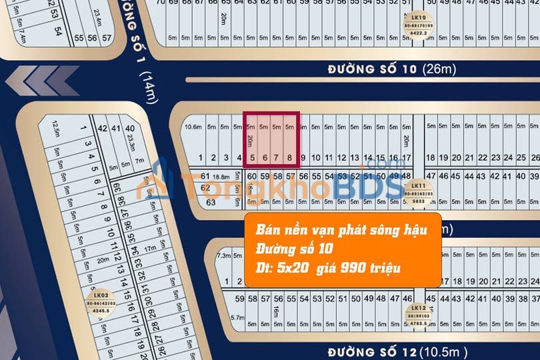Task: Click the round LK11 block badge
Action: (418, 193)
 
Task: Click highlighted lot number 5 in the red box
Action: (252, 159)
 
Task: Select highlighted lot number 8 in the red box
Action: (289, 159)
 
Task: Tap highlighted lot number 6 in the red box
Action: (265, 159)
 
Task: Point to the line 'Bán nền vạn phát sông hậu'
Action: (341, 230)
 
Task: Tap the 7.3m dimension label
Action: (223, 255)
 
